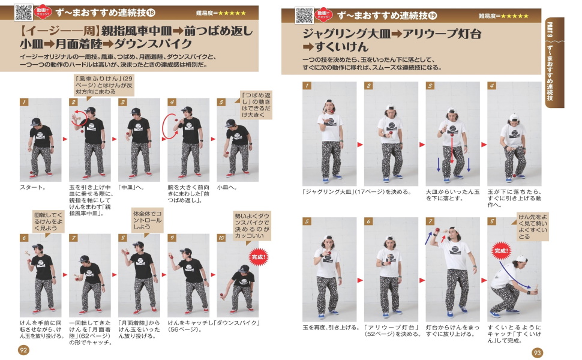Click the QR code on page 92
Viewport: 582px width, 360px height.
point(23,12)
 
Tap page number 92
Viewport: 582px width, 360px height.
point(23,350)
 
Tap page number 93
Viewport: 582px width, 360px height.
point(538,352)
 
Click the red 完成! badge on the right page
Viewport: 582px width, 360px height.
point(502,250)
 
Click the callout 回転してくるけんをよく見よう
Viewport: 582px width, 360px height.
point(48,221)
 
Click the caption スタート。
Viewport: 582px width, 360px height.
point(33,187)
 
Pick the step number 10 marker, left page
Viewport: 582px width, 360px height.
point(221,238)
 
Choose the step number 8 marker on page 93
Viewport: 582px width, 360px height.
point(491,221)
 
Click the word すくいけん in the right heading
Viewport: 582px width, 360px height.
point(340,47)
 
